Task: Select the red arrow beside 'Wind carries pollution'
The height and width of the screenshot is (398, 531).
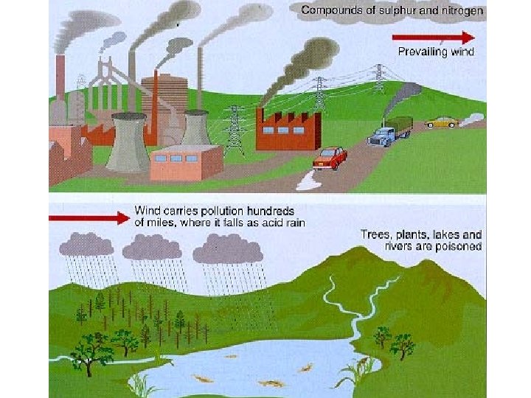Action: [88, 217]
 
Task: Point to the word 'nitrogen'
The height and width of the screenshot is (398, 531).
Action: [461, 10]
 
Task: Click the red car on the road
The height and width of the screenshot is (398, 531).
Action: [330, 157]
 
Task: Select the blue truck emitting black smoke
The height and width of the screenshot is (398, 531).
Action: [388, 131]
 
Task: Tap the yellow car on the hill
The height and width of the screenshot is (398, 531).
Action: [441, 121]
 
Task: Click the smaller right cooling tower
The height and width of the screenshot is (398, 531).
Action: [195, 128]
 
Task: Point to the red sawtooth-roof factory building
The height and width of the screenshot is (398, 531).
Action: [288, 130]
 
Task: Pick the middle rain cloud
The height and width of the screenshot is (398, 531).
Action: [153, 248]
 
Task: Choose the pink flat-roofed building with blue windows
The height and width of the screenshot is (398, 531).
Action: [185, 162]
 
